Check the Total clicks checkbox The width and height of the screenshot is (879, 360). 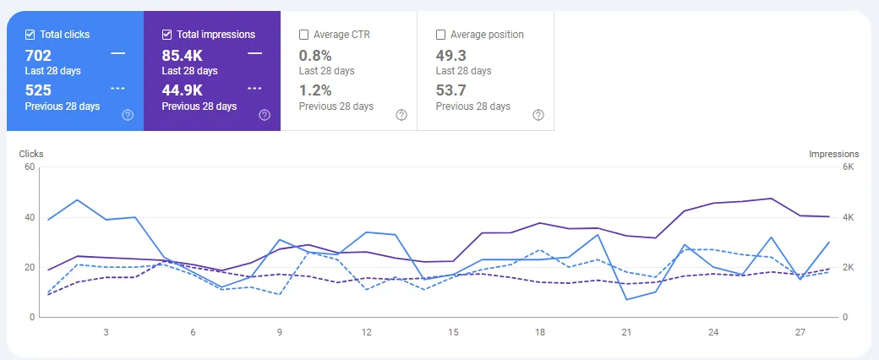pyautogui.click(x=30, y=35)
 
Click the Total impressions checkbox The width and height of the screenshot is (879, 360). pyautogui.click(x=167, y=35)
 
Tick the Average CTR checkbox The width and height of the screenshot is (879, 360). pyautogui.click(x=303, y=35)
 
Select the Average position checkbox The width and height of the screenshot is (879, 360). pyautogui.click(x=440, y=35)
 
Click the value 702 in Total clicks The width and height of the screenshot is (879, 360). pyautogui.click(x=39, y=56)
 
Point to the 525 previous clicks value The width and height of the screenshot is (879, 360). pyautogui.click(x=39, y=90)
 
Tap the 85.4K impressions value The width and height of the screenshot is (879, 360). pyautogui.click(x=182, y=56)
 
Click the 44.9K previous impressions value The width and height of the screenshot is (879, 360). pyautogui.click(x=182, y=90)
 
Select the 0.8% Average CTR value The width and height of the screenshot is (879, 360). pyautogui.click(x=315, y=56)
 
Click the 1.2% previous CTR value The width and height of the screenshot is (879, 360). pyautogui.click(x=315, y=90)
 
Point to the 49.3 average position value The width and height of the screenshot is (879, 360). pyautogui.click(x=452, y=56)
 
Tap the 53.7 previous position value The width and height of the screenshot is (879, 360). pyautogui.click(x=452, y=90)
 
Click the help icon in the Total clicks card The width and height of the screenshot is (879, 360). pyautogui.click(x=128, y=115)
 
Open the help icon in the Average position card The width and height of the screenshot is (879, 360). pyautogui.click(x=538, y=115)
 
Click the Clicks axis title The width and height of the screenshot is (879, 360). pyautogui.click(x=31, y=154)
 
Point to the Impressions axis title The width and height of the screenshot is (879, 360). pyautogui.click(x=833, y=154)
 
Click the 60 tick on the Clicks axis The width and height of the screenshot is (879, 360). pyautogui.click(x=30, y=167)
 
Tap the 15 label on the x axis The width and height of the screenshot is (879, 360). pyautogui.click(x=454, y=332)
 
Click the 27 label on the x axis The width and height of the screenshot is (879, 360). pyautogui.click(x=801, y=332)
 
